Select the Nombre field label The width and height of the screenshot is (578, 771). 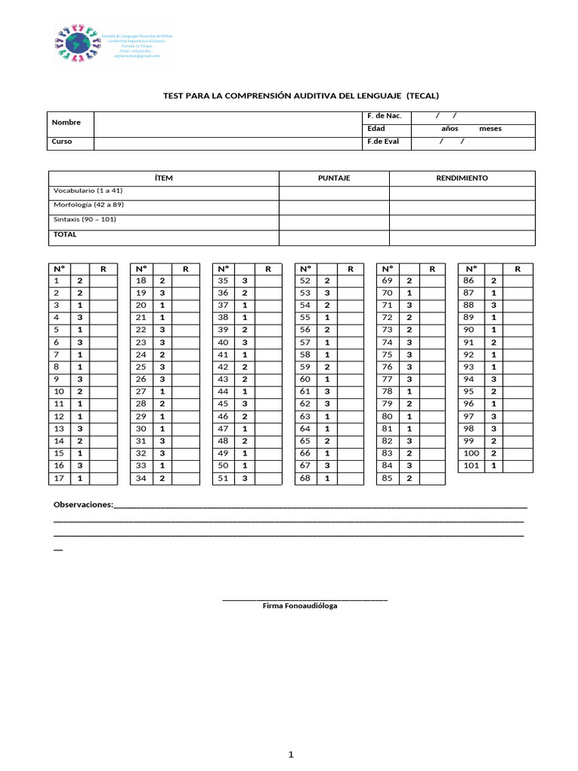tap(66, 122)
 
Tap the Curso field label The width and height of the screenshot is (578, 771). tap(62, 142)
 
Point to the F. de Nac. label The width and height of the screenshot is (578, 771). tap(384, 116)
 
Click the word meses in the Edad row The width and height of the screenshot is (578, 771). tap(490, 129)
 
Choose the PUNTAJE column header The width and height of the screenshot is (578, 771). tap(334, 178)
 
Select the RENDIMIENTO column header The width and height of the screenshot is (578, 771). tap(462, 178)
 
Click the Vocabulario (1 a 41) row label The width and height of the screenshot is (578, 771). tap(88, 191)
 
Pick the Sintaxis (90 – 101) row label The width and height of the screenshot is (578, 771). tap(84, 219)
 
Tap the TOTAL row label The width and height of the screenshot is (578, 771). tap(65, 234)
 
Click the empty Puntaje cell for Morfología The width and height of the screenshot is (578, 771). tap(334, 206)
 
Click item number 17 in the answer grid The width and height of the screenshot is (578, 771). tap(60, 478)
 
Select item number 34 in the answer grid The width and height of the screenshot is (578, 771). tap(141, 478)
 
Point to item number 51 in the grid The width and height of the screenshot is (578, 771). tap(223, 478)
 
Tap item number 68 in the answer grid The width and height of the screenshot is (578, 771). tap(305, 478)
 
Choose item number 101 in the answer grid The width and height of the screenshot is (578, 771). tap(470, 465)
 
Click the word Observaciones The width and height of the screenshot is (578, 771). tap(84, 504)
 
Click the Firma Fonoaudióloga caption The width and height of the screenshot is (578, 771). tap(300, 605)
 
